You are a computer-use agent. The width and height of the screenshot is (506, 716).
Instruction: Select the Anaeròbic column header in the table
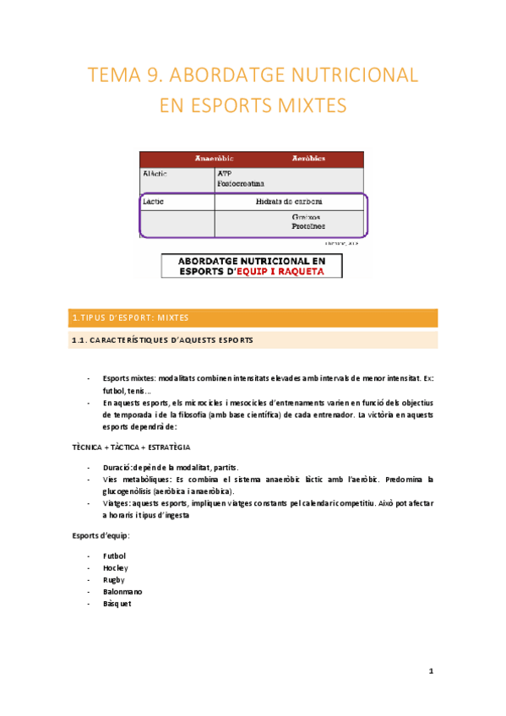click(214, 158)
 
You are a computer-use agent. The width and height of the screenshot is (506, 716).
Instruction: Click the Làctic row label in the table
click(154, 203)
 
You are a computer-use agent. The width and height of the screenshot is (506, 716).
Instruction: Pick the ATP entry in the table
click(224, 174)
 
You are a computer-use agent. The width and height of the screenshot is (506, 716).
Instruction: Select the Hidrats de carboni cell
click(288, 203)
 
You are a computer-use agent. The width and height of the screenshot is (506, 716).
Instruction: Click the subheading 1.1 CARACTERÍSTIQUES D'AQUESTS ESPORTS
click(161, 339)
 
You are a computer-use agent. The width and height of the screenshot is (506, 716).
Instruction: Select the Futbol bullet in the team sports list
click(114, 556)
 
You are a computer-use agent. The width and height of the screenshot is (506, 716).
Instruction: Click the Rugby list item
click(113, 580)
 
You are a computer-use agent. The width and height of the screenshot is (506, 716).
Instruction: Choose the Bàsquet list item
click(117, 604)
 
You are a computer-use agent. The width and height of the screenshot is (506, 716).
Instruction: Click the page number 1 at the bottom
click(431, 671)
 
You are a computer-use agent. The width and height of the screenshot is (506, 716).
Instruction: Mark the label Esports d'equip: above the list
click(100, 536)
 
